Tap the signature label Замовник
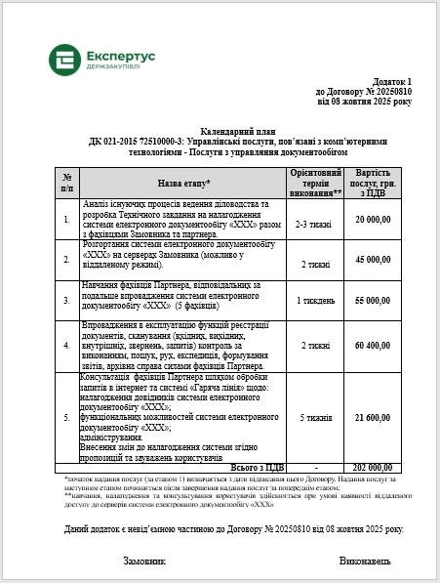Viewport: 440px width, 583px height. point(143,562)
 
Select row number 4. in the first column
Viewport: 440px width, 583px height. point(66,345)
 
